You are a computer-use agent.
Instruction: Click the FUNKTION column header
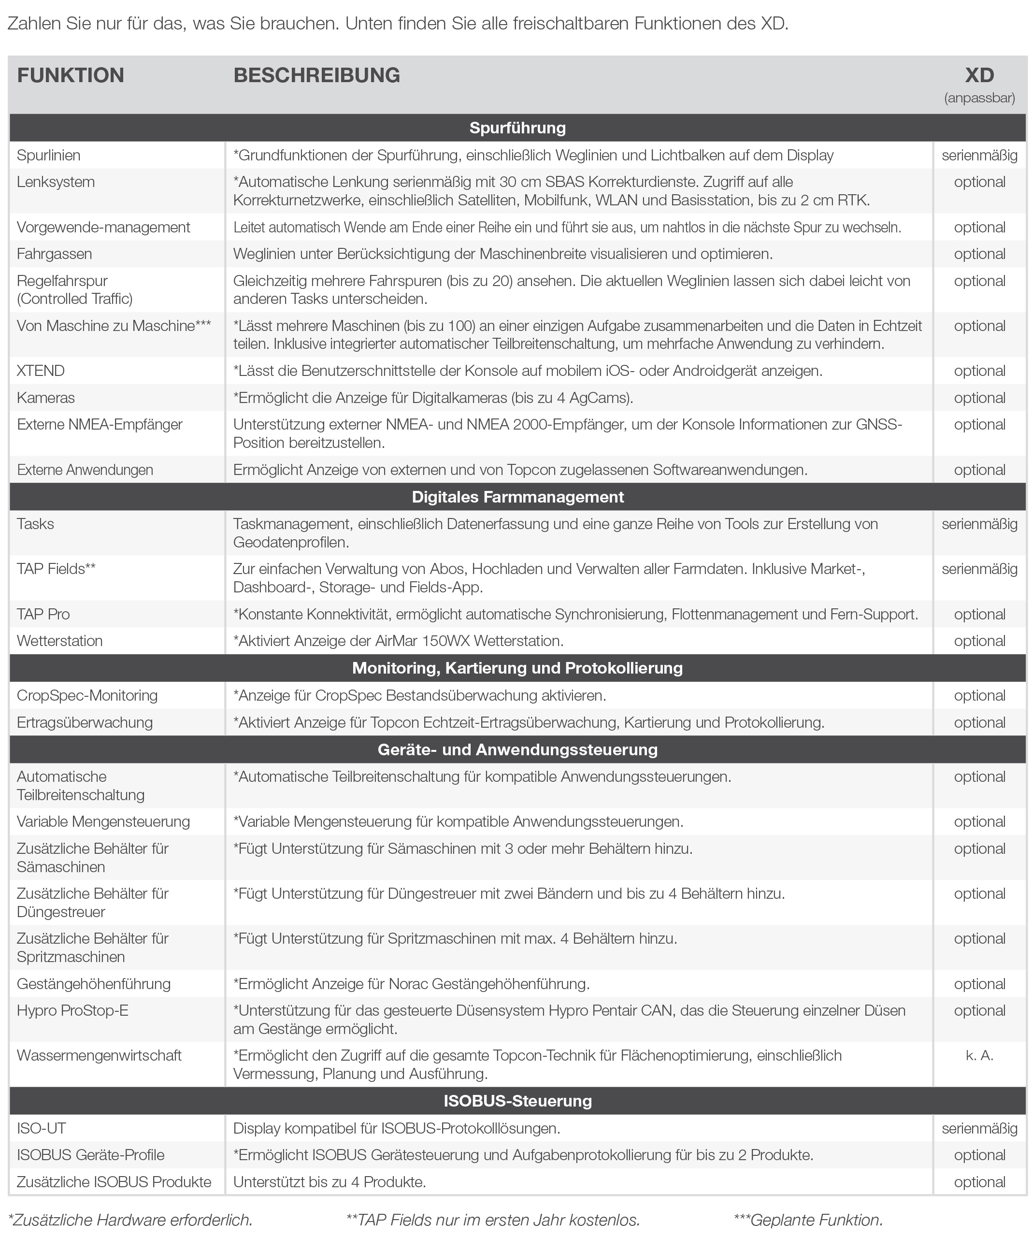(x=70, y=75)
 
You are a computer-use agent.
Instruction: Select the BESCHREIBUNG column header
(x=316, y=75)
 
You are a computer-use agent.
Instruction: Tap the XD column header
(x=979, y=75)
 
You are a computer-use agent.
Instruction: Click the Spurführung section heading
(x=517, y=128)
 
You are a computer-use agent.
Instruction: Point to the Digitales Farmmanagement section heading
(x=517, y=497)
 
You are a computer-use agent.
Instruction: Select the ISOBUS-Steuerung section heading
(x=517, y=1101)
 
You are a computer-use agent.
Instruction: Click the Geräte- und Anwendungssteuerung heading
(x=517, y=749)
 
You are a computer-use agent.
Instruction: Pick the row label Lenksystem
(x=56, y=182)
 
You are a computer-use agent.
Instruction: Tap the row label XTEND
(x=41, y=371)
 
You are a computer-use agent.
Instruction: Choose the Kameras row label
(x=45, y=398)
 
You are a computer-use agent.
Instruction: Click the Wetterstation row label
(x=59, y=641)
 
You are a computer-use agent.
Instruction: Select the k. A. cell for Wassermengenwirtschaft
(x=979, y=1056)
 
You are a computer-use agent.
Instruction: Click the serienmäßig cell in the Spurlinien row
(x=979, y=156)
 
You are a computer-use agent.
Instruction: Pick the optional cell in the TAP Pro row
(x=979, y=614)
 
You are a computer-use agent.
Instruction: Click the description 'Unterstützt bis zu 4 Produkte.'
(x=330, y=1181)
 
